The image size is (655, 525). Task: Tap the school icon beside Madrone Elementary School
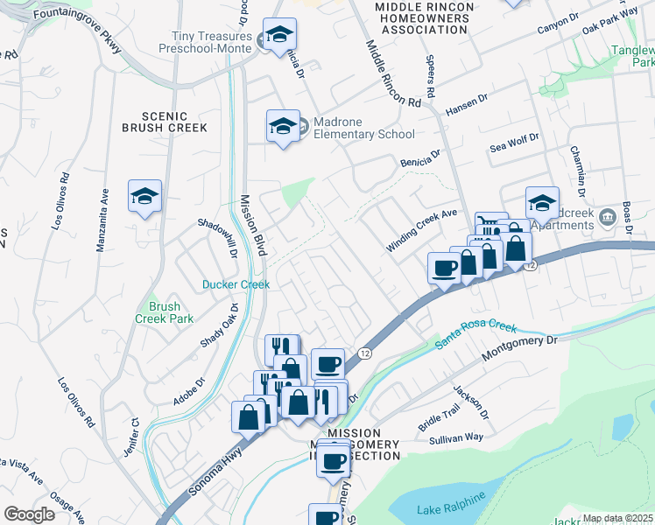(283, 127)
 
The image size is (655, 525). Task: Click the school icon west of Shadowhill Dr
(144, 197)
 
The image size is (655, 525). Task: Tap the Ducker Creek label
(236, 284)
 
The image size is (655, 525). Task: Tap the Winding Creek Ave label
(423, 229)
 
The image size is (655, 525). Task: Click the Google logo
(29, 514)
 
